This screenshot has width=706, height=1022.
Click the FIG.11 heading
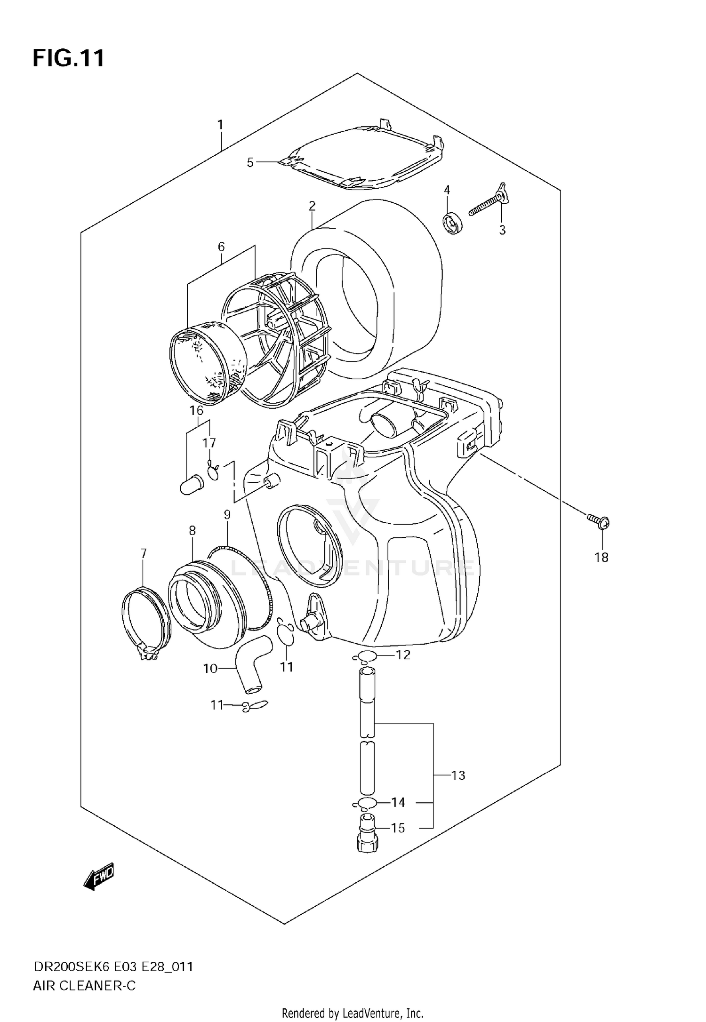pyautogui.click(x=68, y=59)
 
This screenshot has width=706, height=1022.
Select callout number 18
pyautogui.click(x=601, y=558)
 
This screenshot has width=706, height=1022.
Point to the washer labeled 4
pyautogui.click(x=453, y=223)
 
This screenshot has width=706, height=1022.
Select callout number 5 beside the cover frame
pyautogui.click(x=250, y=163)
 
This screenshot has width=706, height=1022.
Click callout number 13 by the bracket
pyautogui.click(x=458, y=775)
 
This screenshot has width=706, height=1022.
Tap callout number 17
pyautogui.click(x=209, y=443)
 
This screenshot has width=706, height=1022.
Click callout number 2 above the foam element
pyautogui.click(x=312, y=206)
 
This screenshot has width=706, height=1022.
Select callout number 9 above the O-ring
pyautogui.click(x=227, y=514)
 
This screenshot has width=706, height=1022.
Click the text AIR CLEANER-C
pyautogui.click(x=84, y=985)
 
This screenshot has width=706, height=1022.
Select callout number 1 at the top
pyautogui.click(x=220, y=125)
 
